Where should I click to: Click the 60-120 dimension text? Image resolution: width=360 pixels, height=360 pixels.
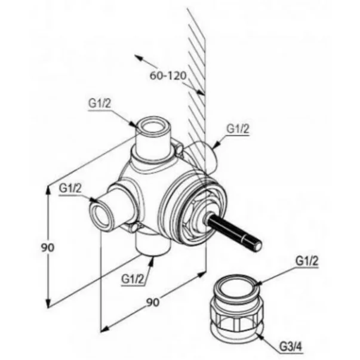pyautogui.click(x=168, y=76)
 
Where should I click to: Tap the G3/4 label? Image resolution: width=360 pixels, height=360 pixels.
pyautogui.click(x=291, y=347)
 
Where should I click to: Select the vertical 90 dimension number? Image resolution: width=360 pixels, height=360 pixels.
pyautogui.click(x=48, y=248)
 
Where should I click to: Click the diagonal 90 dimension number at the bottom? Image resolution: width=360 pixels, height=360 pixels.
pyautogui.click(x=153, y=303)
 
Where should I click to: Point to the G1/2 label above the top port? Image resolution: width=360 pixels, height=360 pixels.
pyautogui.click(x=100, y=103)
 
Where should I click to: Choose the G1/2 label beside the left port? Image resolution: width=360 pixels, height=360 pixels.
pyautogui.click(x=70, y=189)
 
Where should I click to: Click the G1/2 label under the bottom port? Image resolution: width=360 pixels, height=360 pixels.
pyautogui.click(x=133, y=279)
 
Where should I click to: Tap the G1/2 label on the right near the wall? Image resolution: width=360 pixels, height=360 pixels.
pyautogui.click(x=238, y=129)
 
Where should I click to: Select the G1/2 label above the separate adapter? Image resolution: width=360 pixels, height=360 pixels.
pyautogui.click(x=307, y=261)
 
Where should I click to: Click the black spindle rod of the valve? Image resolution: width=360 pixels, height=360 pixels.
pyautogui.click(x=234, y=233)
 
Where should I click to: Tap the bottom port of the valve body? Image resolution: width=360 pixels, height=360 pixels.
pyautogui.click(x=153, y=245)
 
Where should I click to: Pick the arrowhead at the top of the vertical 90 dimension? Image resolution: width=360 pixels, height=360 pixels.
pyautogui.click(x=48, y=189)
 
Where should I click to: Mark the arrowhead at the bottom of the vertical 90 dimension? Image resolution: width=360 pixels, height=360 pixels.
pyautogui.click(x=48, y=303)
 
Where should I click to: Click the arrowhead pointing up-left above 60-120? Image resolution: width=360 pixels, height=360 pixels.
pyautogui.click(x=139, y=57)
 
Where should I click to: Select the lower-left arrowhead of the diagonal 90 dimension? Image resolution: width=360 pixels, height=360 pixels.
pyautogui.click(x=104, y=329)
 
